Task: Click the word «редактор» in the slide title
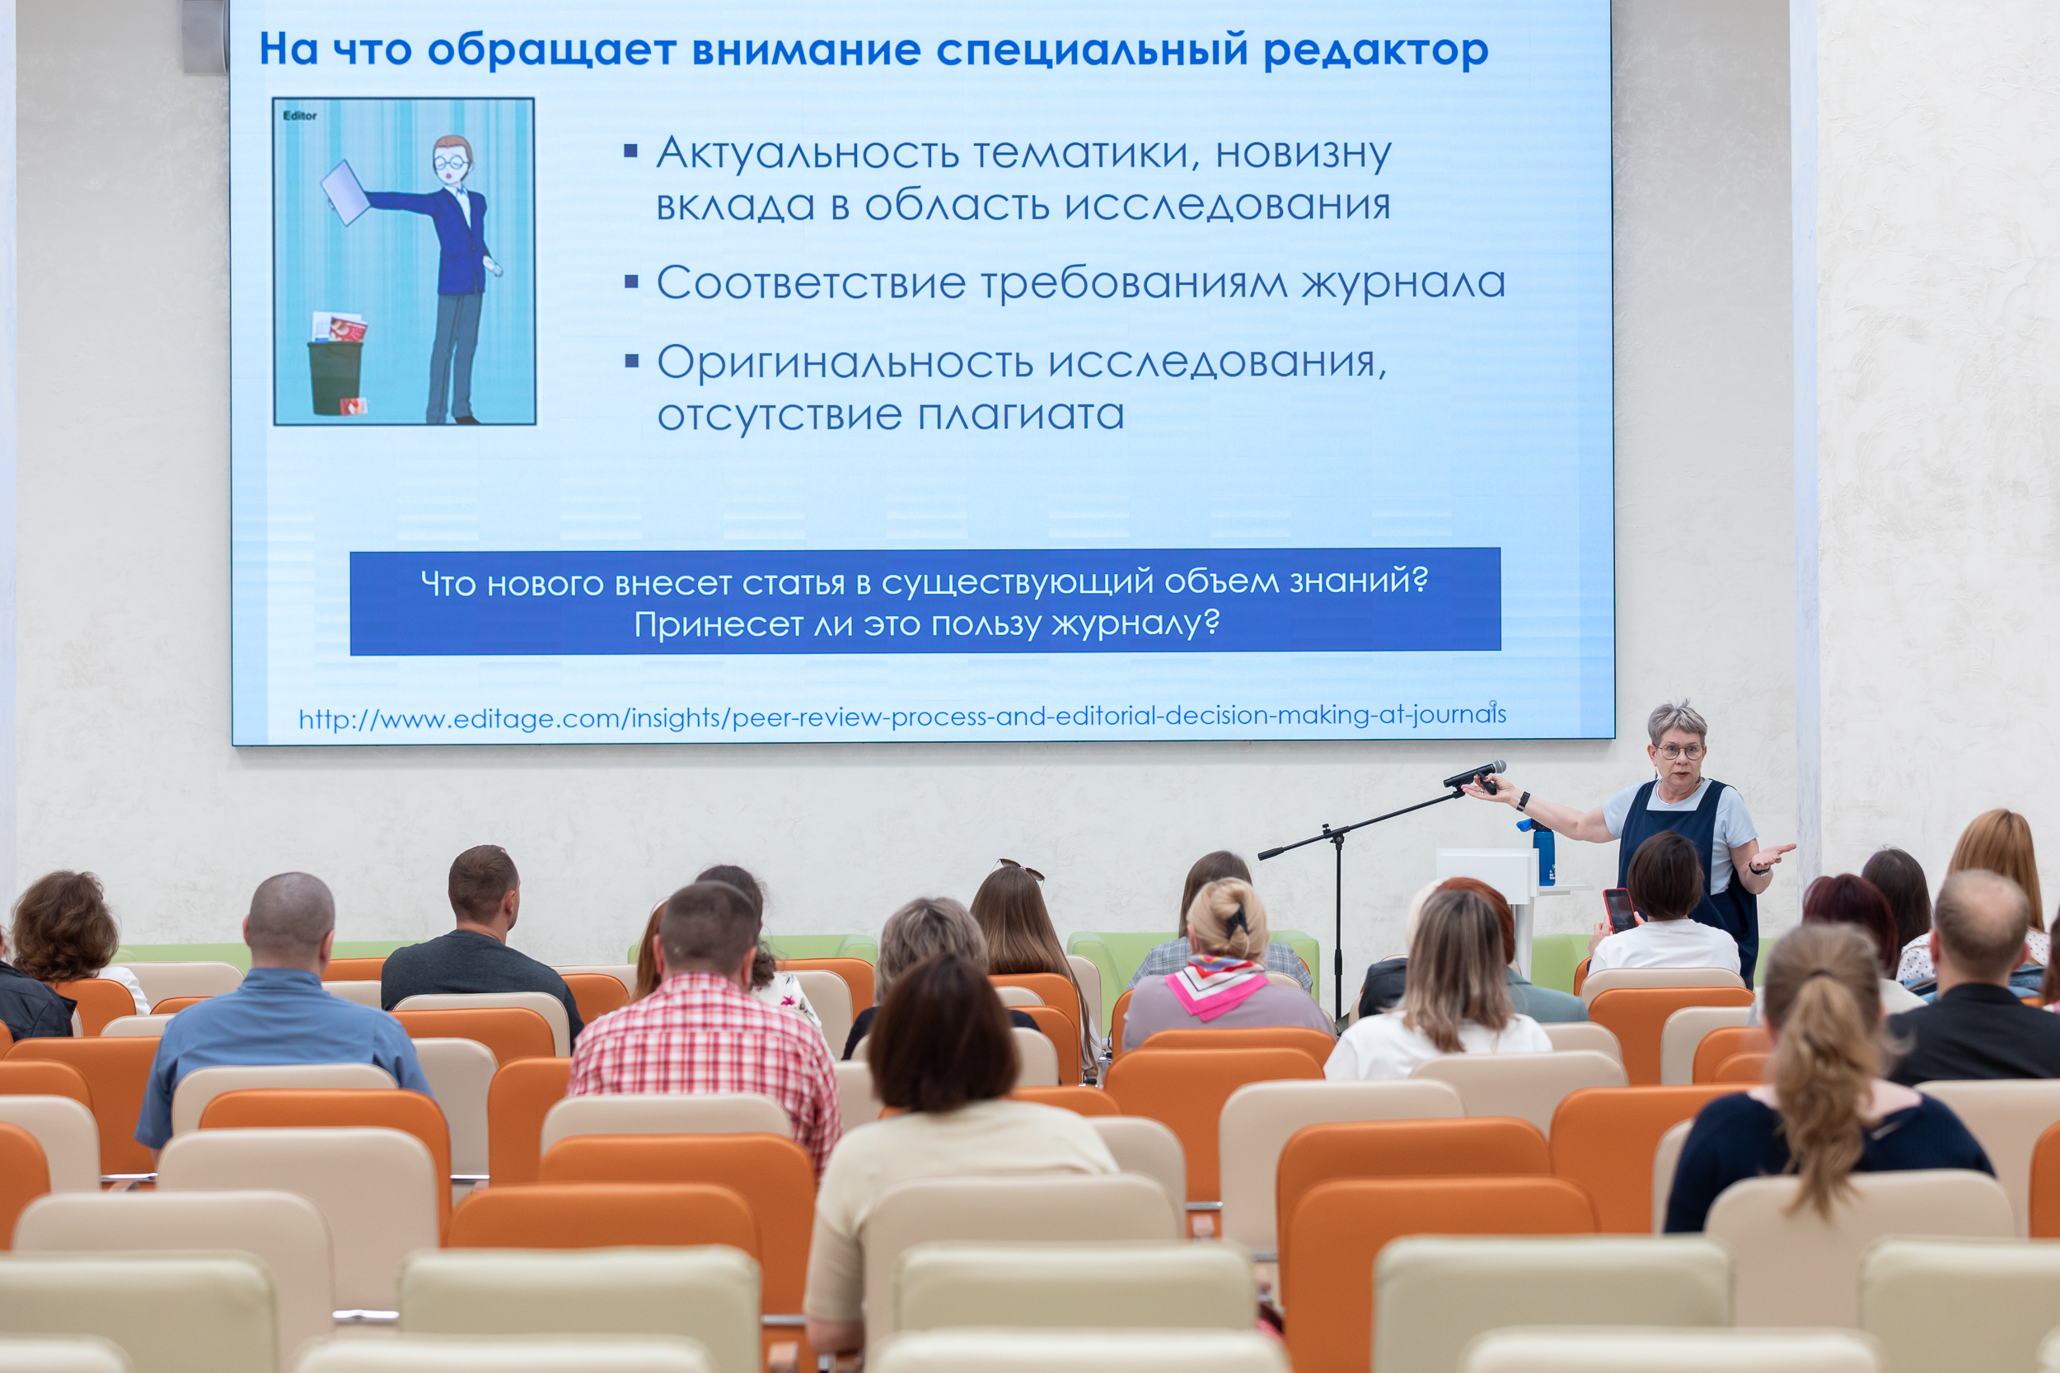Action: (1375, 51)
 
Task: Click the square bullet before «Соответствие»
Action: (631, 282)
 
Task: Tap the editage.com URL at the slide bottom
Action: (902, 717)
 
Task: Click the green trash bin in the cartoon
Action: (335, 377)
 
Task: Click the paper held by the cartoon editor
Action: (345, 193)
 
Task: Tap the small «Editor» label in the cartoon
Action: (300, 115)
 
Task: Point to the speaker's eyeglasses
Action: (1680, 751)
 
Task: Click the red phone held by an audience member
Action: (1618, 911)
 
